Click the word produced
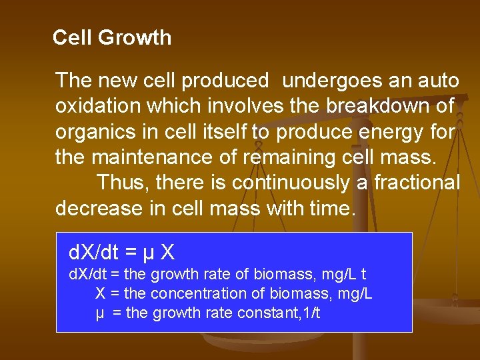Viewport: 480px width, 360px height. [x=225, y=81]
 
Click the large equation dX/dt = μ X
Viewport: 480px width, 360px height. [x=121, y=253]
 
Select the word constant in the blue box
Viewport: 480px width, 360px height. [x=267, y=313]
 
